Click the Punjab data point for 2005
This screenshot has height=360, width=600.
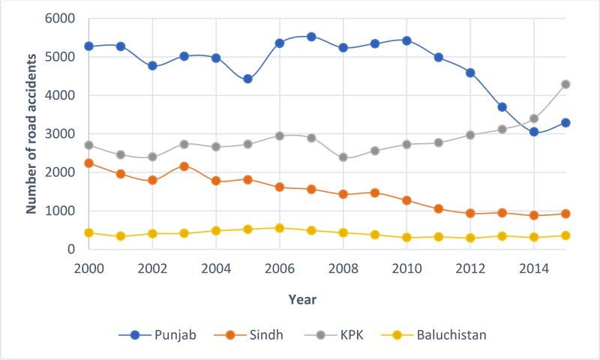click(x=247, y=79)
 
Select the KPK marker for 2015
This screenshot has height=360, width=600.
click(x=565, y=84)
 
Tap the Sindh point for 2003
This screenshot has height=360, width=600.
click(x=184, y=166)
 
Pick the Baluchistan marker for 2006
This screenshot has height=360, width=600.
click(x=279, y=228)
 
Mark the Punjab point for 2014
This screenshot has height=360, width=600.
click(x=533, y=131)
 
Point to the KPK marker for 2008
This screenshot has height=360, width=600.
click(x=343, y=157)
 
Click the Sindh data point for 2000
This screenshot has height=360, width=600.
click(x=88, y=163)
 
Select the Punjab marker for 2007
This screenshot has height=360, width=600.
click(x=311, y=36)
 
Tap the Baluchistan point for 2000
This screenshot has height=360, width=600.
click(x=88, y=232)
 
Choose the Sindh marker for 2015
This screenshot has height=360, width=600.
click(x=565, y=214)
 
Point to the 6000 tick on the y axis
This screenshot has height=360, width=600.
click(x=63, y=18)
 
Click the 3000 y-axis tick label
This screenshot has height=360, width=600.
click(x=63, y=133)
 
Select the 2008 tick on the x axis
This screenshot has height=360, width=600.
click(x=343, y=268)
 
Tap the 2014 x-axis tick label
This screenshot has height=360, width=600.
click(x=533, y=268)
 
